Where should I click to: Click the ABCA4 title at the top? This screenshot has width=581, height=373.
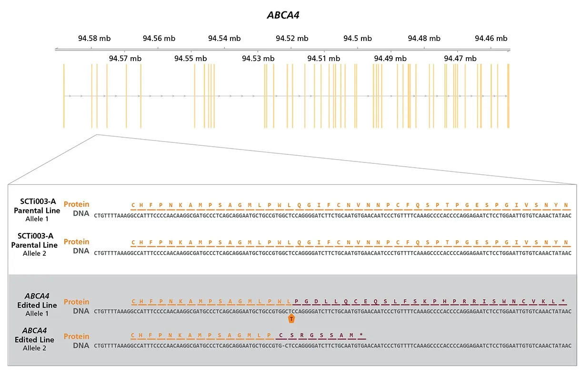tap(283, 15)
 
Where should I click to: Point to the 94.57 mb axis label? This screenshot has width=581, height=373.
tap(125, 59)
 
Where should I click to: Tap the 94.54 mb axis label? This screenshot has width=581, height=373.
tap(224, 39)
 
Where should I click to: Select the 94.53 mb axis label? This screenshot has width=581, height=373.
tap(258, 59)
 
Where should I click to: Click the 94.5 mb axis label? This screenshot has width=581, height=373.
tap(358, 39)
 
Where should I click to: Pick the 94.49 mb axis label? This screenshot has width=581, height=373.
tap(390, 59)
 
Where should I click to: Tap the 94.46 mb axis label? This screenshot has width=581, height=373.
tap(491, 39)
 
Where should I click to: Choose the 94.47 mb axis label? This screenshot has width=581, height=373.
tap(460, 59)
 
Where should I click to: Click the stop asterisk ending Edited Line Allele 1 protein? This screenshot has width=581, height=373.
tap(563, 302)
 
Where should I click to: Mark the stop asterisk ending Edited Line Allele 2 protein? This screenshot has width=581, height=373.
tap(361, 336)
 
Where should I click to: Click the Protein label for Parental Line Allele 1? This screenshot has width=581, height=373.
tap(76, 204)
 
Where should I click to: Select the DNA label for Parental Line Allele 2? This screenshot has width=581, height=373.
tap(81, 251)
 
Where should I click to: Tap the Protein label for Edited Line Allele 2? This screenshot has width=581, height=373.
tap(76, 336)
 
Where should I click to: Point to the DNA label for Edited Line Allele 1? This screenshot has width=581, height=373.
tap(81, 311)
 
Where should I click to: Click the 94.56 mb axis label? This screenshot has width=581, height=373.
tap(159, 39)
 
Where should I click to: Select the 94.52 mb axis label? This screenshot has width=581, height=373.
tap(292, 39)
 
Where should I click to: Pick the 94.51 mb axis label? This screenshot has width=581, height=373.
tap(324, 59)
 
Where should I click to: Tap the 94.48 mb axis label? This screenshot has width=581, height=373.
tap(424, 39)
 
